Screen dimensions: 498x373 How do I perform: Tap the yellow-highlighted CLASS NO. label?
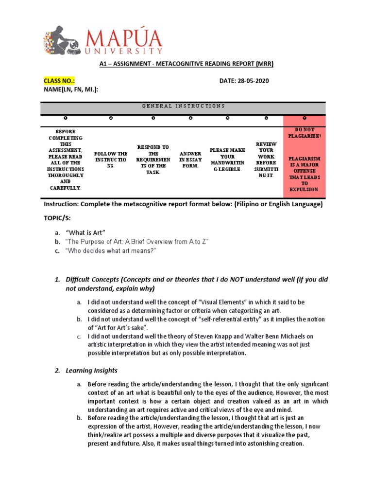60,81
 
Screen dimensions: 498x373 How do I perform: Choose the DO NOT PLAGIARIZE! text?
305,133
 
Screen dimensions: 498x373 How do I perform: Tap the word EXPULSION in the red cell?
305,189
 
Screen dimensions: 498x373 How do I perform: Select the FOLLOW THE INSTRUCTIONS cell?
112,159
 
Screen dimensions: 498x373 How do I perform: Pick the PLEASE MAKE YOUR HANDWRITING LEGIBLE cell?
228,159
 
